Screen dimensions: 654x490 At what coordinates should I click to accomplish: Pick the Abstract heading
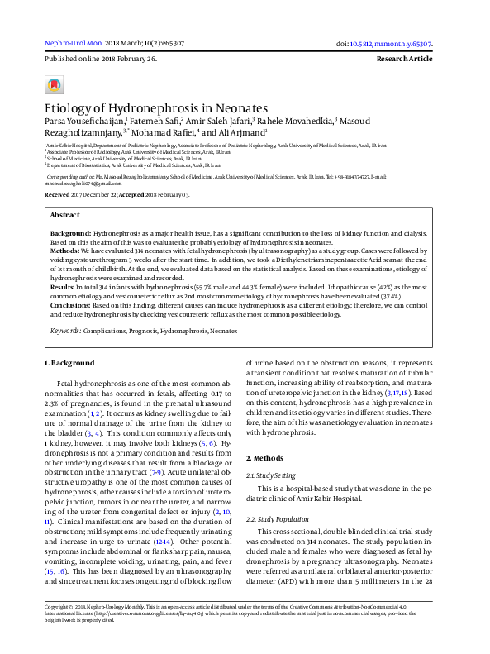click(x=67, y=214)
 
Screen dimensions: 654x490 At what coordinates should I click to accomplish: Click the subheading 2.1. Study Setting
click(x=274, y=475)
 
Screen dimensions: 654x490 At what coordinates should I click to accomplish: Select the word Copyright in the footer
click(x=59, y=630)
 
